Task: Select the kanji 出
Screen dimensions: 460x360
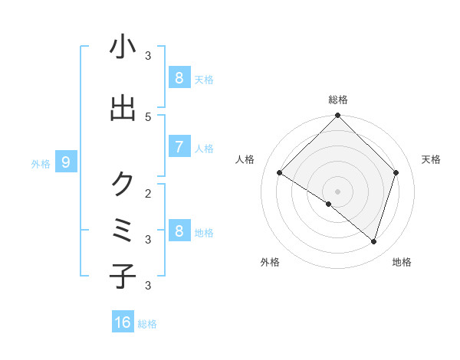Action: click(123, 108)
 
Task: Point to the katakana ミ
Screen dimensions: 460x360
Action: click(123, 231)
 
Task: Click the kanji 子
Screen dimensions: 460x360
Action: click(123, 276)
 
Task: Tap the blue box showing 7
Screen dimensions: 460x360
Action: click(179, 147)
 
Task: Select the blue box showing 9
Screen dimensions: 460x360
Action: click(66, 162)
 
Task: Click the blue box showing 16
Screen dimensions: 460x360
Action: click(123, 322)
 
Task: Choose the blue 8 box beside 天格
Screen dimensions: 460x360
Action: click(179, 78)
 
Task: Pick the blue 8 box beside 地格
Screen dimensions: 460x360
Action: click(179, 231)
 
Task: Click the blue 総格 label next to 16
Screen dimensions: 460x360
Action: click(147, 324)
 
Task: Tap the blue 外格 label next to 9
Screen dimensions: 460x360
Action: click(41, 163)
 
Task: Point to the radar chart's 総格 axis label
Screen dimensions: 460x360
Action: click(338, 100)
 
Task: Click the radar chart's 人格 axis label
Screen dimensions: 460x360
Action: click(245, 159)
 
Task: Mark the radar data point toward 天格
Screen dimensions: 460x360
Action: click(396, 172)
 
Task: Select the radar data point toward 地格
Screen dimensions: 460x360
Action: click(374, 241)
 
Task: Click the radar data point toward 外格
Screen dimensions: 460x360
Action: click(329, 204)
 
